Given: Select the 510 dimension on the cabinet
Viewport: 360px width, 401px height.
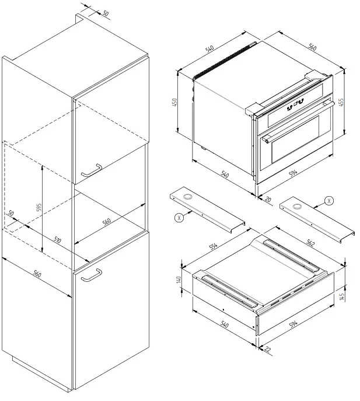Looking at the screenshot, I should pyautogui.click(x=58, y=239).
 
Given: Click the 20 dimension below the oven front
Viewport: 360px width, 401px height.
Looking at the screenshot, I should pyautogui.click(x=268, y=200).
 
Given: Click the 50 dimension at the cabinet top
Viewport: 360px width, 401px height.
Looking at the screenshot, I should pyautogui.click(x=105, y=13).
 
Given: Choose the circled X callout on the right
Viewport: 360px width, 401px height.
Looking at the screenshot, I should pyautogui.click(x=330, y=200).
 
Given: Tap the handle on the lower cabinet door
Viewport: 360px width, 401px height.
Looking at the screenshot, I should pyautogui.click(x=90, y=276).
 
